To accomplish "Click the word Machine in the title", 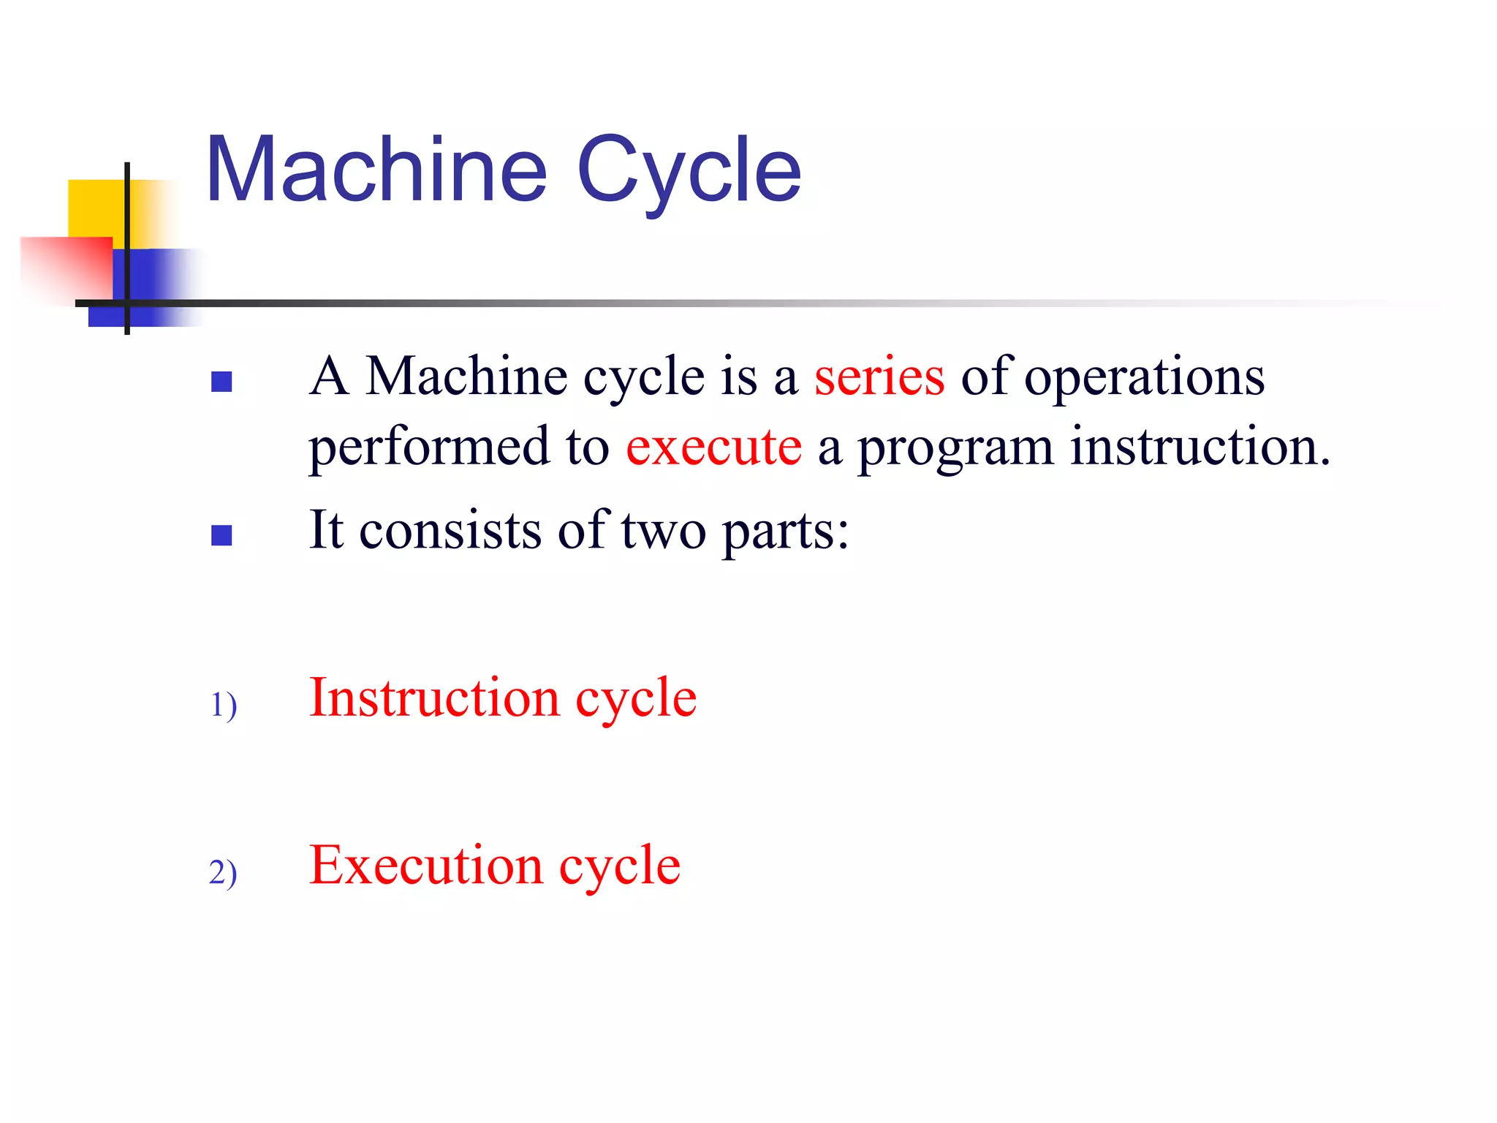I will point(376,170).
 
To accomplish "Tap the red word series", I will point(879,377).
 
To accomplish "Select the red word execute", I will point(713,447).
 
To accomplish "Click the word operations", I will point(1144,379).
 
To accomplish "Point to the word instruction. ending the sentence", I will point(1200,447).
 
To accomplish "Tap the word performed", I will point(429,447).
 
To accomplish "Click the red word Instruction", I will point(434,698).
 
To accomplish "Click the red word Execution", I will point(425,866).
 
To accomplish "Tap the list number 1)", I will point(223,706).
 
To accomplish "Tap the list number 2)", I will point(223,873).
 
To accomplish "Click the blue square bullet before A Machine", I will point(221,382).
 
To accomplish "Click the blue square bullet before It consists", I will point(221,536).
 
